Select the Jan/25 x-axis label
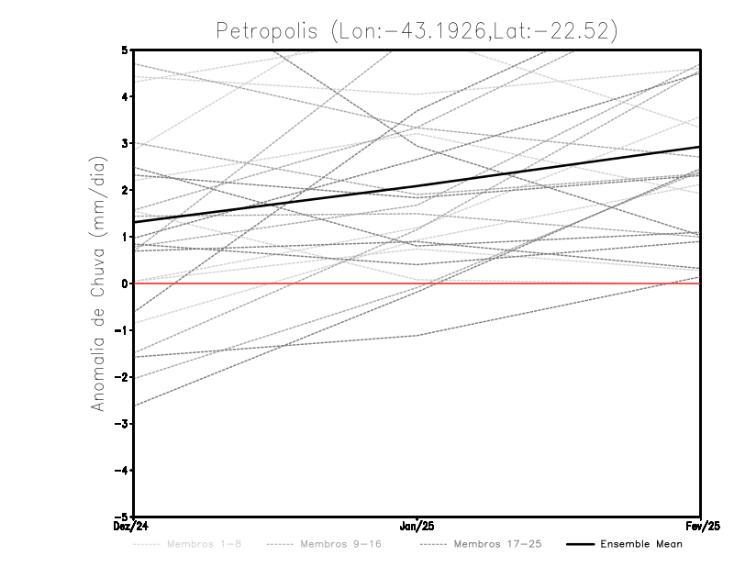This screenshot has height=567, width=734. [417, 526]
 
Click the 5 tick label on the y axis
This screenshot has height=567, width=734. [126, 50]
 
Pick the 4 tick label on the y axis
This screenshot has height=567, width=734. [126, 96]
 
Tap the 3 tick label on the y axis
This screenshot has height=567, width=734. [126, 143]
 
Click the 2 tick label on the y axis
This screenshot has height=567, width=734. [126, 190]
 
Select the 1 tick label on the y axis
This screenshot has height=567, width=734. [126, 237]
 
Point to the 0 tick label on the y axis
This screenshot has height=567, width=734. [126, 283]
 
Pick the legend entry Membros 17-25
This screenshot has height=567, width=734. [497, 544]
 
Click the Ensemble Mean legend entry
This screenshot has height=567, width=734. [640, 544]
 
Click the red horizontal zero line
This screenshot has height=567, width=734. [550, 283]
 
